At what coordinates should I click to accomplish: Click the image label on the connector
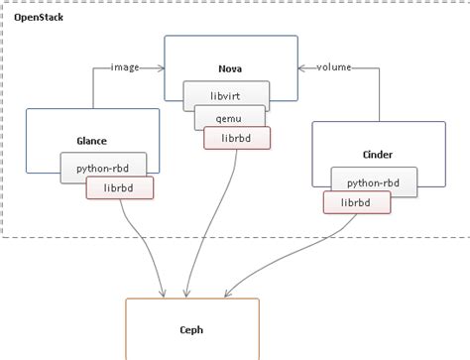(126, 68)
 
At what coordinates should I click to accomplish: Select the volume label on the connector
(334, 67)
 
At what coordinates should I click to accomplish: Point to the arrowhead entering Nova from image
(160, 68)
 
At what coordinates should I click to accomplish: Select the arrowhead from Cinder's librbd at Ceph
(229, 294)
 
